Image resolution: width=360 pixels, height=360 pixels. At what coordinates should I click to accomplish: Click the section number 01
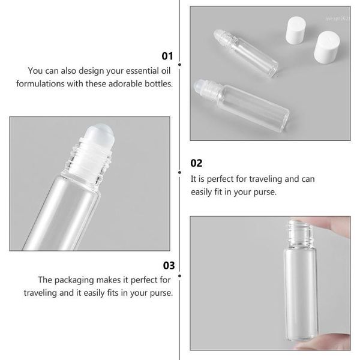tap(167, 56)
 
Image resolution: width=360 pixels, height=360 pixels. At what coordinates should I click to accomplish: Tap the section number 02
tap(197, 163)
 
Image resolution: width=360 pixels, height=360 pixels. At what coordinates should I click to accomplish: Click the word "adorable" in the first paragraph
tap(121, 84)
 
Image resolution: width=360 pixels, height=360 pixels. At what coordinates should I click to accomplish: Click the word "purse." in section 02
tap(264, 192)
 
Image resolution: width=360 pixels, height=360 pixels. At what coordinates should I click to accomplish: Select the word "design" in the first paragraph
tap(94, 71)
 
